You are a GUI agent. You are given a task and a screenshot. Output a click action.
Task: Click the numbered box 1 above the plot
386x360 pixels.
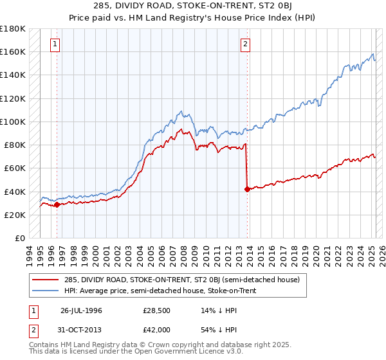55,44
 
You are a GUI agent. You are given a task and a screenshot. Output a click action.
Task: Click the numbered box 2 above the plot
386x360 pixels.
246,44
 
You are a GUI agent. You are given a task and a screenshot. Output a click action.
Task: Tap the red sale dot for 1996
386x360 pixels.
57,205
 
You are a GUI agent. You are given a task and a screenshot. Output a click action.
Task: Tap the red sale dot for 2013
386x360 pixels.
247,189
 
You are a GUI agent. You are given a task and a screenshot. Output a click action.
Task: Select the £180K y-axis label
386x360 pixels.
13,29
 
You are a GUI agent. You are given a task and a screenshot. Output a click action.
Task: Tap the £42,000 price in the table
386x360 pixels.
156,329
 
